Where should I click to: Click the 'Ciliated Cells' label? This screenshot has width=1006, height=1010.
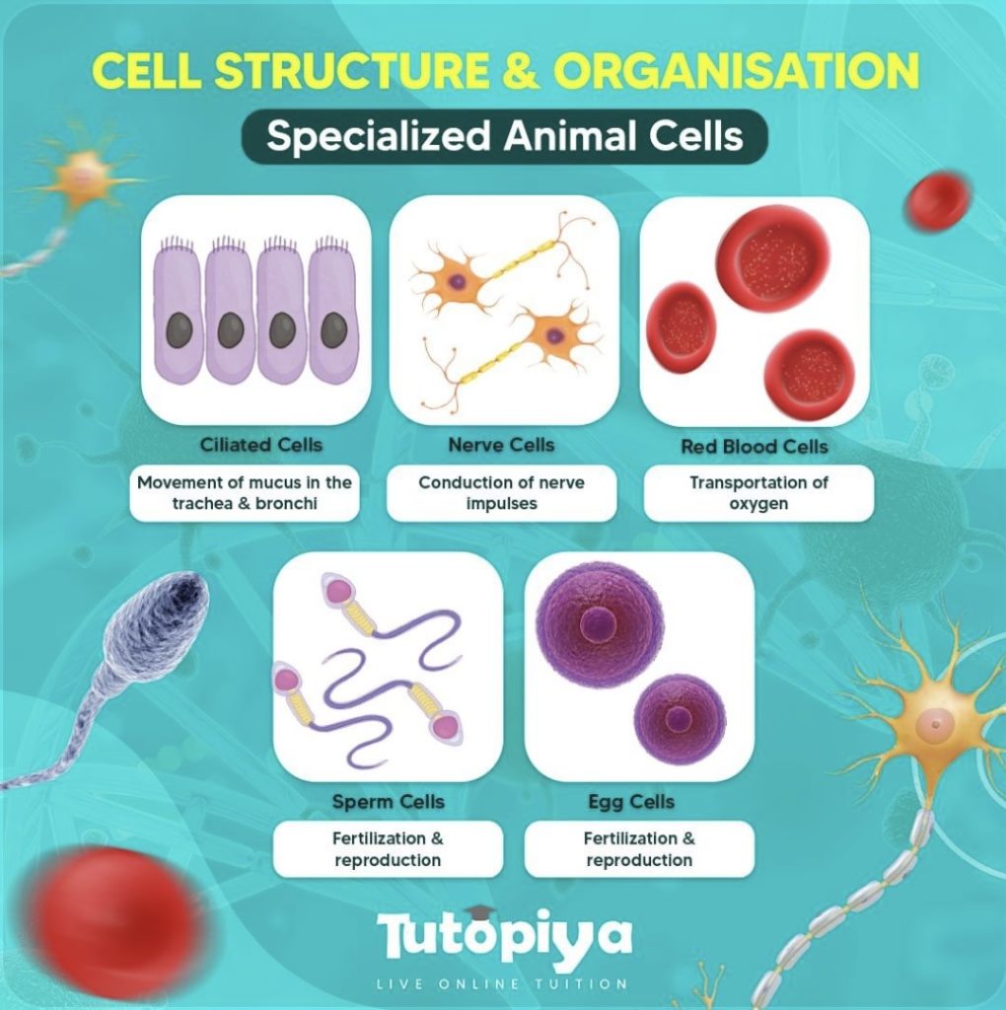coord(260,445)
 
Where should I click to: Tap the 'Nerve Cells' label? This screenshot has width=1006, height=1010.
coord(501,445)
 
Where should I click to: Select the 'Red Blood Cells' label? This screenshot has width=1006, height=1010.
coord(754,447)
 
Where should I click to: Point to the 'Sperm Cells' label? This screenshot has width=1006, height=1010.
coord(389,801)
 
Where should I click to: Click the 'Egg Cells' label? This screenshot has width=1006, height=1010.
coord(631,801)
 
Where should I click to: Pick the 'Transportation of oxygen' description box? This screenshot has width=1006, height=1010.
coord(758,493)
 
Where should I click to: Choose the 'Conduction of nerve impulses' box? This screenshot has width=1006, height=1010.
coord(501,493)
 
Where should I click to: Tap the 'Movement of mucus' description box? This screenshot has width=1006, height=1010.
coord(244,493)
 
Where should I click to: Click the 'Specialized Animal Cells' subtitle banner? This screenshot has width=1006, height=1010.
coord(504,136)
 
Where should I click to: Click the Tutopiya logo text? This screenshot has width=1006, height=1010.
coord(504,936)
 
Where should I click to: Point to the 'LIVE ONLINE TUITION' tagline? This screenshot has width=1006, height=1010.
coord(504,983)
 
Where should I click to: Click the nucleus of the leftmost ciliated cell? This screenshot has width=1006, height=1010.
coord(179,330)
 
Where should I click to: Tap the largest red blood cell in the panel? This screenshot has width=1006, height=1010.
coord(772,258)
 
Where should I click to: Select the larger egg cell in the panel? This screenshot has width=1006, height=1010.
coord(599,621)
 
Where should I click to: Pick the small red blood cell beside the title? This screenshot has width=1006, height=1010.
coord(937,200)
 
